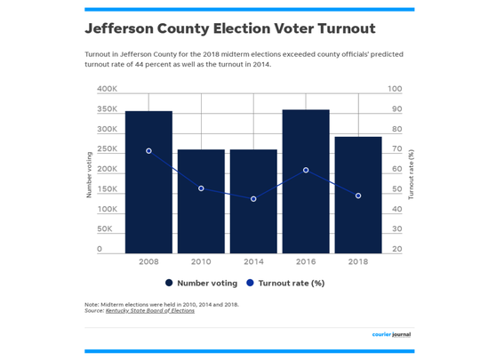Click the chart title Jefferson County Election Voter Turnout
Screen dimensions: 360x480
click(217, 29)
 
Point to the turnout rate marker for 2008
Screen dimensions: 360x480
click(148, 151)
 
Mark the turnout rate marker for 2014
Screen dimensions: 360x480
click(253, 199)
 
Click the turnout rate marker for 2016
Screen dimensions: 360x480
click(306, 170)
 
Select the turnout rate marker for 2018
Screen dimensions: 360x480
click(358, 196)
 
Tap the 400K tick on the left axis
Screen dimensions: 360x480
click(107, 89)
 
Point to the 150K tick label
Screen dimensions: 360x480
click(107, 189)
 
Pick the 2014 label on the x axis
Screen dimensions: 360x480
click(253, 262)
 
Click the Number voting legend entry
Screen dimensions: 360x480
click(201, 284)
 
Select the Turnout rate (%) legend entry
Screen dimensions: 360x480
click(284, 284)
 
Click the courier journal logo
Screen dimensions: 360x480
click(392, 334)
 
